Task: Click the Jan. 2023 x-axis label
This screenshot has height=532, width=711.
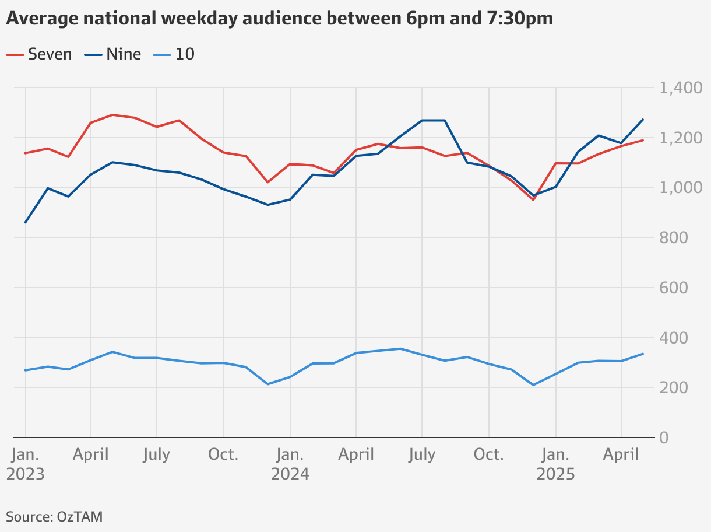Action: [25, 464]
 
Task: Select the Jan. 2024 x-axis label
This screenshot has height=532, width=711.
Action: [290, 464]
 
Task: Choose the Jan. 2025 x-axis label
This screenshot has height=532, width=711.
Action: [555, 464]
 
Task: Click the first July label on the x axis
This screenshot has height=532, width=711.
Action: [156, 454]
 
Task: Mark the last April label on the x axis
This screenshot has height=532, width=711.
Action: [621, 454]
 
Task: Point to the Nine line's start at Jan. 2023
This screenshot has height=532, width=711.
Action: [25, 222]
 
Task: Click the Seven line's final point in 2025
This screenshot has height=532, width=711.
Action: [643, 140]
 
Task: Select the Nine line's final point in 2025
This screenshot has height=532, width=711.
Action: [643, 120]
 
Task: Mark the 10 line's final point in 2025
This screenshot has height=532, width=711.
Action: [643, 353]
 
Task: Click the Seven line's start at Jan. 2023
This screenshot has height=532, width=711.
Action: [25, 153]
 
